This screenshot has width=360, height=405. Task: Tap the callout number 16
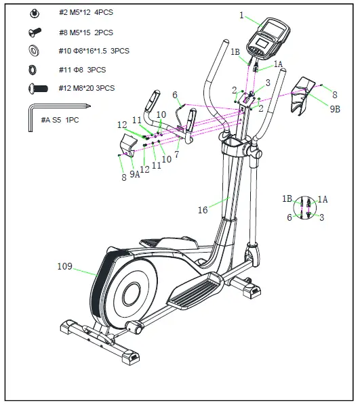203,211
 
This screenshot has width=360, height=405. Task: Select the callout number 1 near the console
241,14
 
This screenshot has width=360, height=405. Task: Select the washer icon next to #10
33,51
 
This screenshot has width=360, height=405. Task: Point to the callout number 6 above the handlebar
175,95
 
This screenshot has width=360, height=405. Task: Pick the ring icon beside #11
33,69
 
